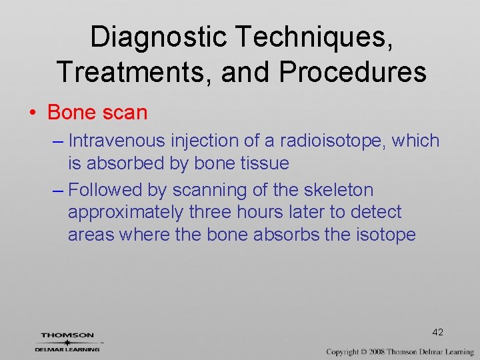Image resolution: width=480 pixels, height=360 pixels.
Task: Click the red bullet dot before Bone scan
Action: [x=33, y=113]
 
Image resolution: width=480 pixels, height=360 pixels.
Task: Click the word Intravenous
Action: [x=118, y=141]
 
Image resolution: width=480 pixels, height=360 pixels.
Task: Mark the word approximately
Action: [x=125, y=213]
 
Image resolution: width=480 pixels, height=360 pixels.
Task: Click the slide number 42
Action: [x=437, y=332]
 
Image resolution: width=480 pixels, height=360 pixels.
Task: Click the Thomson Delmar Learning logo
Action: [x=67, y=342]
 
